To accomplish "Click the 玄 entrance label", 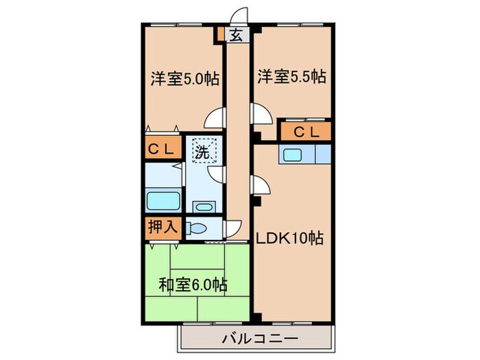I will click(x=235, y=36).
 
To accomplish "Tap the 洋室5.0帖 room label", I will click(x=184, y=79).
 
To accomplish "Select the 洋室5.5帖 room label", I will click(x=291, y=77).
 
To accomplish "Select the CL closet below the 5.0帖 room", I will click(x=162, y=149).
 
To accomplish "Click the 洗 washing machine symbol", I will click(x=204, y=151).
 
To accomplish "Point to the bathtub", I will click(x=163, y=202).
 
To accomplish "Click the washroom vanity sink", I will click(x=203, y=206).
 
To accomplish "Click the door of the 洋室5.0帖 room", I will click(x=217, y=119).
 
